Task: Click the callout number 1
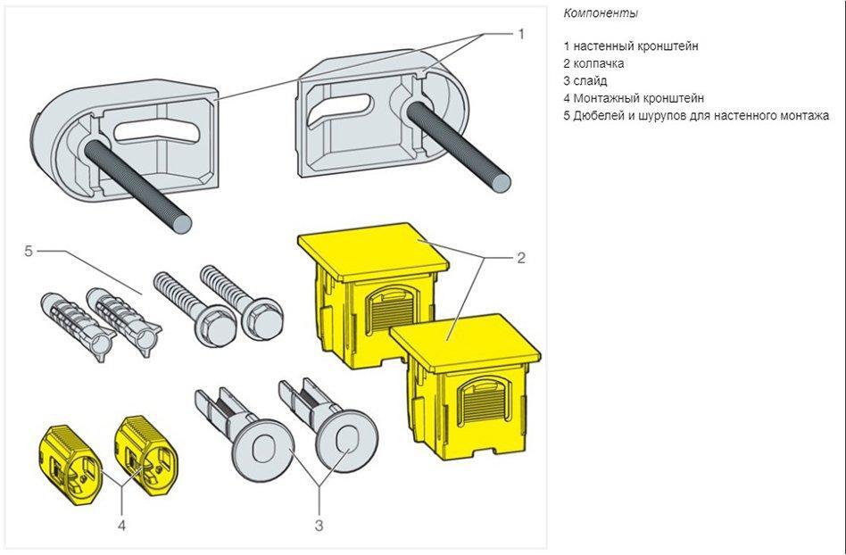[x=522, y=34]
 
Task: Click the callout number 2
[x=521, y=259]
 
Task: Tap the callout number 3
[x=319, y=525]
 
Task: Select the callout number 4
[x=121, y=525]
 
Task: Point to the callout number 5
[x=29, y=252]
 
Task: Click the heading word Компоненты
[x=601, y=13]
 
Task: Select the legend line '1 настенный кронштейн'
[x=631, y=46]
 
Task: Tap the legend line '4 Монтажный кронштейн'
[x=634, y=98]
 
